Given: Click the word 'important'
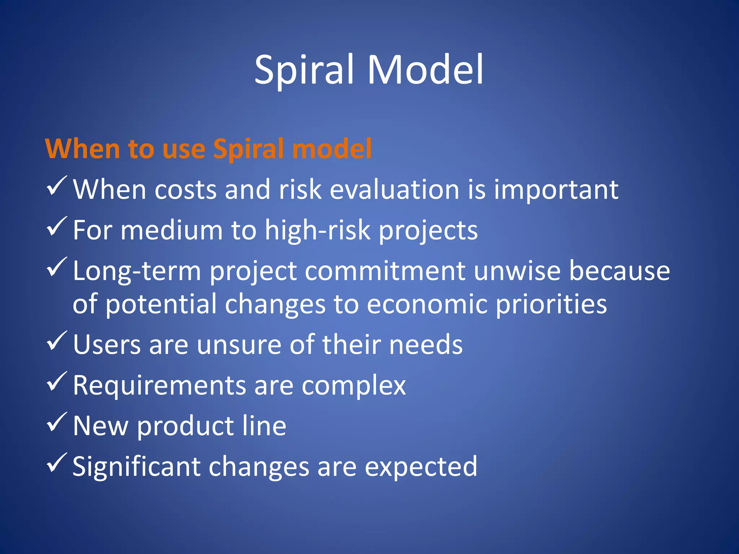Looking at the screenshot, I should pos(556,190).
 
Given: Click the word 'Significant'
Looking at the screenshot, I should pos(136,467).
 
